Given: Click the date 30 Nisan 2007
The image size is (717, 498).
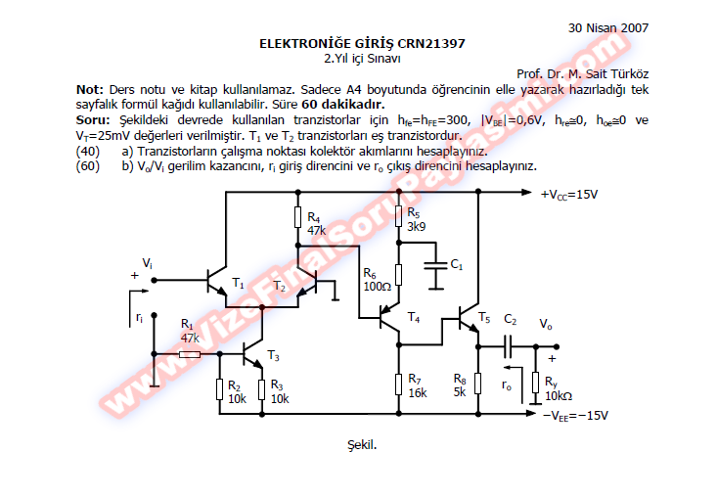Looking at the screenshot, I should (607, 28).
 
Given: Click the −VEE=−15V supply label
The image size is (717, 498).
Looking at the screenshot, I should (575, 415).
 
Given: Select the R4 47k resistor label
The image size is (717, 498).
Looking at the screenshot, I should (316, 223).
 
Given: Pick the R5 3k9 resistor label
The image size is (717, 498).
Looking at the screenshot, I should (415, 220).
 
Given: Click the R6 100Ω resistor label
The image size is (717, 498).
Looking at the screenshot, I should (377, 280).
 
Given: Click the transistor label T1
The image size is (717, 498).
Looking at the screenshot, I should (238, 284).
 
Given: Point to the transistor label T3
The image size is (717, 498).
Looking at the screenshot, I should (273, 354).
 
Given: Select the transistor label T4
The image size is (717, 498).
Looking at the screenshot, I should (413, 319).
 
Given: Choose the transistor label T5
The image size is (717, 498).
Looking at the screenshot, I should (484, 317).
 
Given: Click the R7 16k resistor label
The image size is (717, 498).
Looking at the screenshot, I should (417, 385).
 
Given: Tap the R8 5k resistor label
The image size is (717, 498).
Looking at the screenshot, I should (460, 385).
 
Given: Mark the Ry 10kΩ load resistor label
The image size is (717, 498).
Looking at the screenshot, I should (560, 387).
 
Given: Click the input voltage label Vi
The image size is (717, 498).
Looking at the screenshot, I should (148, 263).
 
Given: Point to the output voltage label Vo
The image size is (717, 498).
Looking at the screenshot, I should (546, 323).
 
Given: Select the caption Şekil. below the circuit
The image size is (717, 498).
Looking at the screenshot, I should (362, 445).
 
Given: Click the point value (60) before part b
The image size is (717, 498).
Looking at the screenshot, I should (88, 166).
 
